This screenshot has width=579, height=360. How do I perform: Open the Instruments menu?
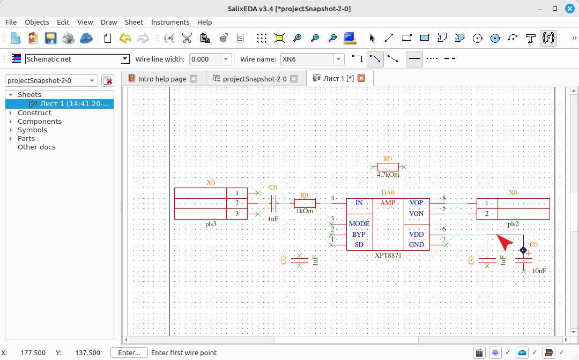pos(170,22)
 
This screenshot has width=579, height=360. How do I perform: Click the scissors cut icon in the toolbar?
pos(187,38)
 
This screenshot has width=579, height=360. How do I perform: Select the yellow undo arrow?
pos(125,38)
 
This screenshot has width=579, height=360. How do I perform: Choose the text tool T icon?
pos(530,39)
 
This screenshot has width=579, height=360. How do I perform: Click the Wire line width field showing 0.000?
pos(205,59)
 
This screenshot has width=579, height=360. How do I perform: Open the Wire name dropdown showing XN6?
pos(338,59)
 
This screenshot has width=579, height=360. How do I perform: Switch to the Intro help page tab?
pos(162,79)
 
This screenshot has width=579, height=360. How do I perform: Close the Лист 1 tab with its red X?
pos(361,78)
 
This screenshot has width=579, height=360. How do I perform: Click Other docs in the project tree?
pos(36,147)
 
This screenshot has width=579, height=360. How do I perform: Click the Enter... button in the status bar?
pos(129,352)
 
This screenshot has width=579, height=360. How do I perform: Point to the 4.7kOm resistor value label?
pos(388,175)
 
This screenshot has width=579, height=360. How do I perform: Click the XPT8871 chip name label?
pos(388,255)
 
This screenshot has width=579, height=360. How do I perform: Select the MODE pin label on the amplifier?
pos(359,224)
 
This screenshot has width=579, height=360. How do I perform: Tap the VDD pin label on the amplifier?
pos(416,235)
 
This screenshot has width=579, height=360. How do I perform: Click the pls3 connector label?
pos(211,224)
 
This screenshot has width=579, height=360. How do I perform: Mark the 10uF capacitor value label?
pos(539,271)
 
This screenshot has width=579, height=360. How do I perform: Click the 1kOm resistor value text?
pos(305,212)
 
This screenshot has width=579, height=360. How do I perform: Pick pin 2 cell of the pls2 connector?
pos(487,214)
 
